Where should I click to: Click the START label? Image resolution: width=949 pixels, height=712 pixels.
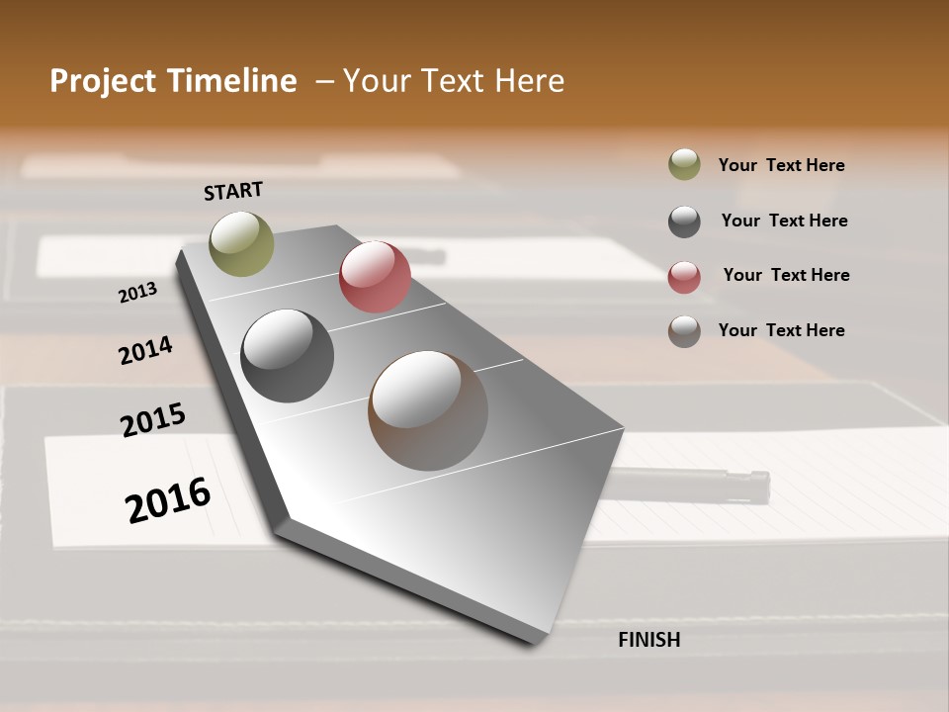(x=233, y=191)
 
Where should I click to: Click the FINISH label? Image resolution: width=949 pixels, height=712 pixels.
(x=649, y=640)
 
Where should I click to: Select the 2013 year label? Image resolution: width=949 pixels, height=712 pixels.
(x=137, y=293)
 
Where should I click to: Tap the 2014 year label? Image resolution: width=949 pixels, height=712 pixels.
(x=145, y=350)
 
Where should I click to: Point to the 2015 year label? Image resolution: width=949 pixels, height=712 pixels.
(x=153, y=419)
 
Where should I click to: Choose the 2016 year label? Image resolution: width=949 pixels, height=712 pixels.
(x=168, y=500)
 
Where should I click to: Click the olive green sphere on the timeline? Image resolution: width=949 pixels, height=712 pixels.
(x=242, y=243)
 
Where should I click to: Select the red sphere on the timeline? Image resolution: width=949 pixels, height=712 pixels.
(x=375, y=277)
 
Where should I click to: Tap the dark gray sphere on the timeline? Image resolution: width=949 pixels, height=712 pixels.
(x=288, y=356)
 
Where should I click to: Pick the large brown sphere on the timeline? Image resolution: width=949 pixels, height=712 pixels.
(x=428, y=410)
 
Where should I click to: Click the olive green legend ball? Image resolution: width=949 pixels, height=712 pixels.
(x=684, y=165)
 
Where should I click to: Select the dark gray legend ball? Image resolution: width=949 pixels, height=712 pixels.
(x=684, y=222)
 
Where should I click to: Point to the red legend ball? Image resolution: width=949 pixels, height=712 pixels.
(x=684, y=277)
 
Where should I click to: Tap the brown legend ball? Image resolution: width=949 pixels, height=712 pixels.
(x=684, y=331)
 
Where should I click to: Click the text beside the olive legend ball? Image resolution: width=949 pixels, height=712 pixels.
(x=781, y=165)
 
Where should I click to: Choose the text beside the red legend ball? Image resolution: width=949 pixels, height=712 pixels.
(x=786, y=275)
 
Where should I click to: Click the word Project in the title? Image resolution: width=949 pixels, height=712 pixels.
(x=103, y=81)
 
